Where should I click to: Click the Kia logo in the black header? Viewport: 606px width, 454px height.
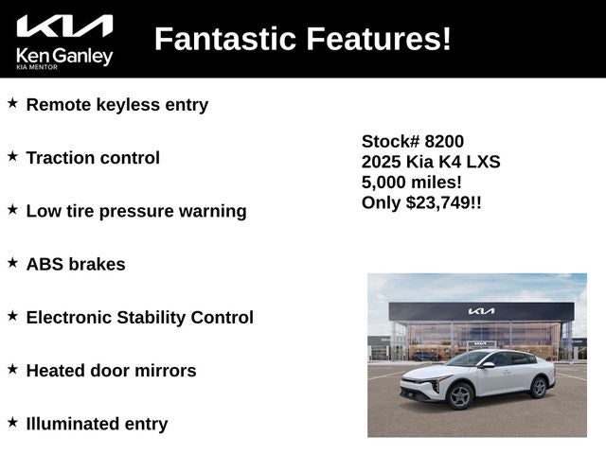(x=64, y=26)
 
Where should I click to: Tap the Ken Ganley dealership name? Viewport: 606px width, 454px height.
(x=64, y=56)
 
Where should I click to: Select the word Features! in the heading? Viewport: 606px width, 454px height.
(x=386, y=39)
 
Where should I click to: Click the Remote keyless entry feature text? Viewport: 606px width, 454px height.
(x=116, y=105)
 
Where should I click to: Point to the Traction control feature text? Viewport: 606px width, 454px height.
(x=93, y=158)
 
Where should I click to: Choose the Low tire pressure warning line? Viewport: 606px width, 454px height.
(x=135, y=211)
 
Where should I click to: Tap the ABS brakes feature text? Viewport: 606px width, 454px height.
(x=76, y=264)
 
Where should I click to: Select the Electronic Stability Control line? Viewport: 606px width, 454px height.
(x=139, y=317)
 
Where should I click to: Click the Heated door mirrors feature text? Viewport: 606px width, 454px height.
(x=111, y=371)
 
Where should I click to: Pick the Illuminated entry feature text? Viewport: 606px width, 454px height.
(x=97, y=424)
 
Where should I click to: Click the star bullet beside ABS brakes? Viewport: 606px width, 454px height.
(x=12, y=262)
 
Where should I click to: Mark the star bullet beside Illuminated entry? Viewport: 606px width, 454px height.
(x=12, y=422)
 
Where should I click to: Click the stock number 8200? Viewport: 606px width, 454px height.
(x=444, y=141)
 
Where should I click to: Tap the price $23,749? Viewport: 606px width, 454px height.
(x=440, y=202)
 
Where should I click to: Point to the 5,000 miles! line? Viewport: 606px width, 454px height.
(x=412, y=182)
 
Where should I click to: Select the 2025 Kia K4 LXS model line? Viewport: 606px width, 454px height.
(x=431, y=162)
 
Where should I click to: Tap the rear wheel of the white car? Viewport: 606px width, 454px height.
(x=539, y=387)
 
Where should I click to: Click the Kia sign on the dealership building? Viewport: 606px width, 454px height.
(x=481, y=311)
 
